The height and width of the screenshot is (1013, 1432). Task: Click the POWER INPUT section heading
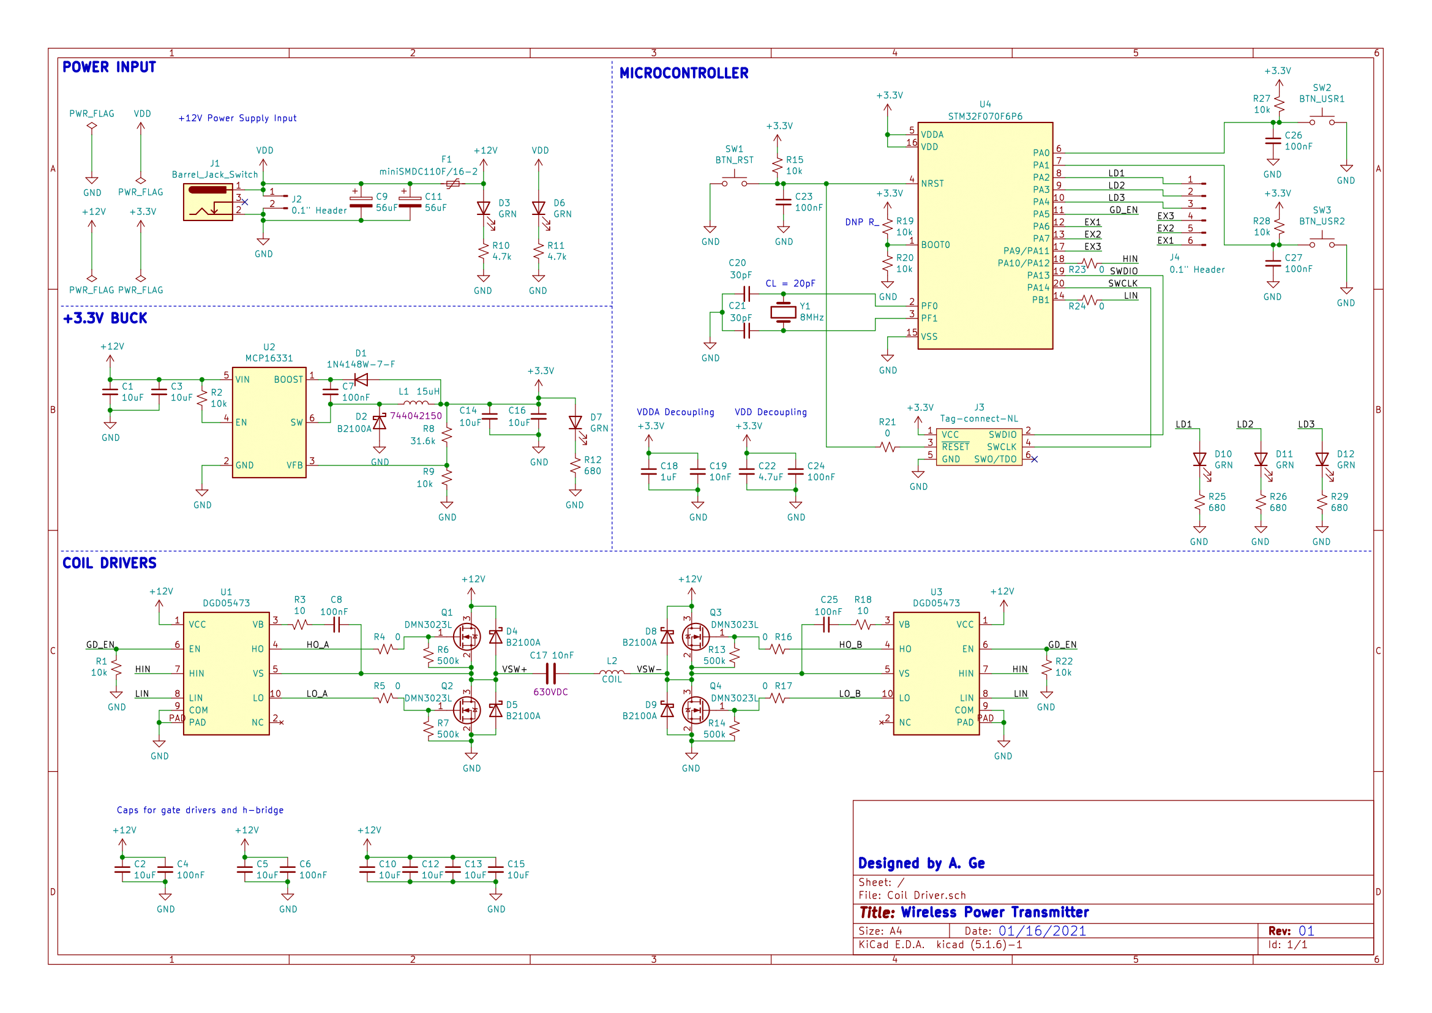109,67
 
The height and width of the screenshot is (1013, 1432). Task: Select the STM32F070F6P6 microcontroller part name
985,116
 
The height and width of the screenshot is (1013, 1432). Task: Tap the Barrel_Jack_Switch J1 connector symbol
208,202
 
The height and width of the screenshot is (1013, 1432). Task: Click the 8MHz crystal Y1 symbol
783,312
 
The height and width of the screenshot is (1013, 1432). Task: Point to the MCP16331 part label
269,358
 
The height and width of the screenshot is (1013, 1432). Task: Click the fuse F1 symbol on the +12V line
453,184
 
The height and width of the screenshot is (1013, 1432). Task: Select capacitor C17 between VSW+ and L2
550,674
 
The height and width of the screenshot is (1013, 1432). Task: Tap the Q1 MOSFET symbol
466,637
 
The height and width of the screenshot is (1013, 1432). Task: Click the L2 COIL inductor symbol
611,672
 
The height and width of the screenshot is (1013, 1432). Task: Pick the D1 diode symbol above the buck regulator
361,379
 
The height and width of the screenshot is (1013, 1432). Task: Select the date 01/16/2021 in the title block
1041,931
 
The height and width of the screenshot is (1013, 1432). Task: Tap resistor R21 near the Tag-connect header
888,446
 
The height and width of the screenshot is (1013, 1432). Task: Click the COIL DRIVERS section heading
109,563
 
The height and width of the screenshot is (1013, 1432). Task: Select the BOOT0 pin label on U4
935,245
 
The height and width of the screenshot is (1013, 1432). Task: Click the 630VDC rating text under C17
550,691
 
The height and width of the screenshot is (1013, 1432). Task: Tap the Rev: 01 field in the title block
1291,931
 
